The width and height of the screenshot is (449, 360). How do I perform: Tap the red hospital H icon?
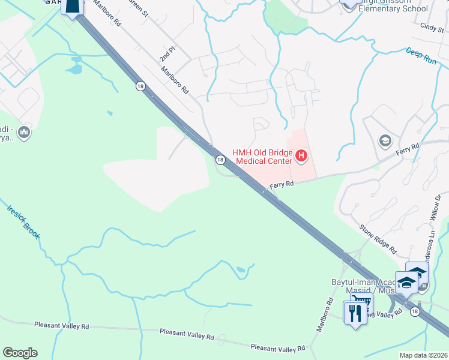pyautogui.click(x=301, y=157)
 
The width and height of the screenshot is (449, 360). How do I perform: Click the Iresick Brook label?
pyautogui.click(x=23, y=222)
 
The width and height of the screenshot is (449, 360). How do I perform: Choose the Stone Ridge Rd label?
pyautogui.click(x=378, y=238)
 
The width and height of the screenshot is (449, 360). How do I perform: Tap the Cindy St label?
pyautogui.click(x=432, y=27)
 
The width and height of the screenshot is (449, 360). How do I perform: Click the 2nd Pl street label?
pyautogui.click(x=166, y=56)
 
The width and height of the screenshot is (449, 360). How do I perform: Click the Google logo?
pyautogui.click(x=20, y=353)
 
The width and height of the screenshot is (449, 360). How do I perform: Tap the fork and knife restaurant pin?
pyautogui.click(x=354, y=313)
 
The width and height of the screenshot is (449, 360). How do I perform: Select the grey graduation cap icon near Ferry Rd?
pyautogui.click(x=385, y=141)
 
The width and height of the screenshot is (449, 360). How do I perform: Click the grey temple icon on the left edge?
pyautogui.click(x=24, y=132)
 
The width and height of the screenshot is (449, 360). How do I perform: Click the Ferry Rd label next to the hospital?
pyautogui.click(x=281, y=185)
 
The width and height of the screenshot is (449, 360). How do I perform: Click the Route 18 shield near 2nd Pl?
pyautogui.click(x=140, y=86)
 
